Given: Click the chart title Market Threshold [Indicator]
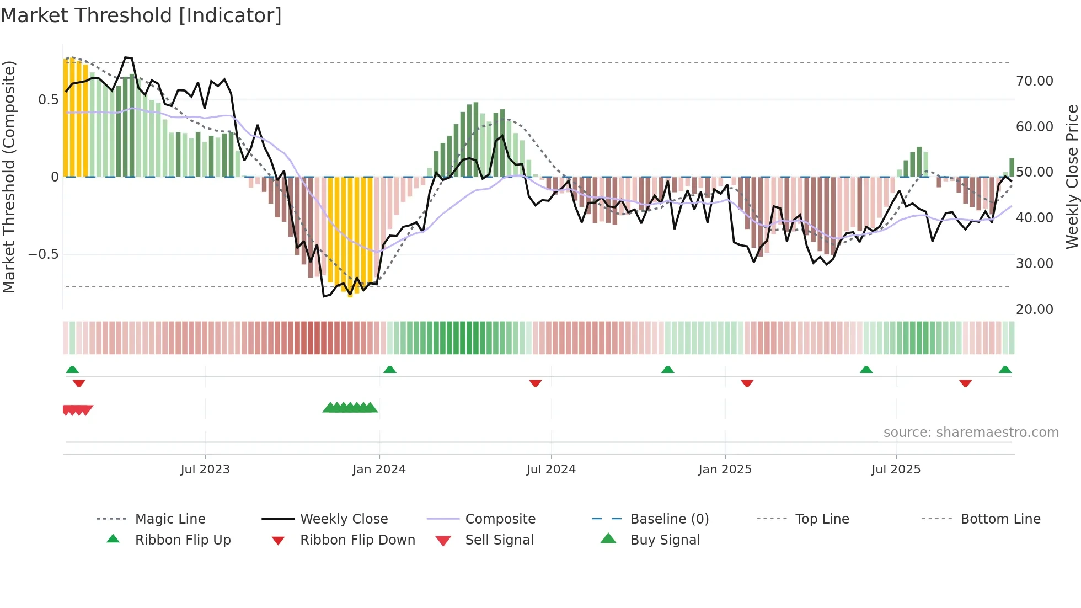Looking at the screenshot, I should [x=141, y=15].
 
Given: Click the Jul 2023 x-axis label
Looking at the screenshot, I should [x=205, y=470].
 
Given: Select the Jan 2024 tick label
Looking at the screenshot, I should [x=379, y=470].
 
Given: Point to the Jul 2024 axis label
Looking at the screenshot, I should [x=551, y=470].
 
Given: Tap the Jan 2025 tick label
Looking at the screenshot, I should [x=725, y=470].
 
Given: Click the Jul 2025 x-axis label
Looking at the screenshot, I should [x=896, y=470].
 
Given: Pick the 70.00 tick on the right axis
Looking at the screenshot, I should [x=1034, y=81].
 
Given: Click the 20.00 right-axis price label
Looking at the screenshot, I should [x=1034, y=310].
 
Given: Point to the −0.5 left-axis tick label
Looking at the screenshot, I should [x=43, y=254].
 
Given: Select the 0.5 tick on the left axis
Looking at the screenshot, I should [x=48, y=100].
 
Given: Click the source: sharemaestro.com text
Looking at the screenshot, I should [x=971, y=433].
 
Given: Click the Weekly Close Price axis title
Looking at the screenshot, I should [x=1072, y=177].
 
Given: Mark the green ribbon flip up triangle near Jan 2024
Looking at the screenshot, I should [x=390, y=369].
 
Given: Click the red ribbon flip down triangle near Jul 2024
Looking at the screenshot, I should [x=535, y=383].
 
